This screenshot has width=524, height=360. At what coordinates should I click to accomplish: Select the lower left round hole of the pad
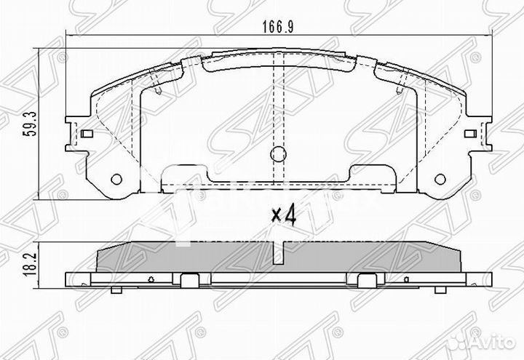pyautogui.click(x=116, y=180)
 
